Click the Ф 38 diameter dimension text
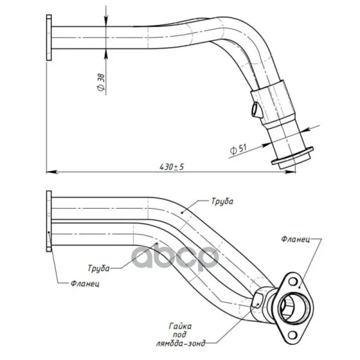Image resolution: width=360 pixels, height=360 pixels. [x=101, y=82]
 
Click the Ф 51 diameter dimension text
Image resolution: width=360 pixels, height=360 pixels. [x=238, y=149]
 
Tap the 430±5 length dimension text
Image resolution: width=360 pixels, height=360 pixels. [x=172, y=167]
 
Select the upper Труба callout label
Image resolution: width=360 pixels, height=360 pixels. [x=222, y=202]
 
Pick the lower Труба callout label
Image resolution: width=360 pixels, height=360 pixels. [x=99, y=268]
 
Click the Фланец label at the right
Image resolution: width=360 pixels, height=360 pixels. [x=295, y=239]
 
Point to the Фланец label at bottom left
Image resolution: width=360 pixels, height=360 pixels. [x=85, y=284]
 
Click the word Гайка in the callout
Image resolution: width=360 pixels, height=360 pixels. [x=180, y=326]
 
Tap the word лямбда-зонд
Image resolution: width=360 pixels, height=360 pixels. [x=181, y=343]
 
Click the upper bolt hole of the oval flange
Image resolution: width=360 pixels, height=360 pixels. [x=293, y=281]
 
